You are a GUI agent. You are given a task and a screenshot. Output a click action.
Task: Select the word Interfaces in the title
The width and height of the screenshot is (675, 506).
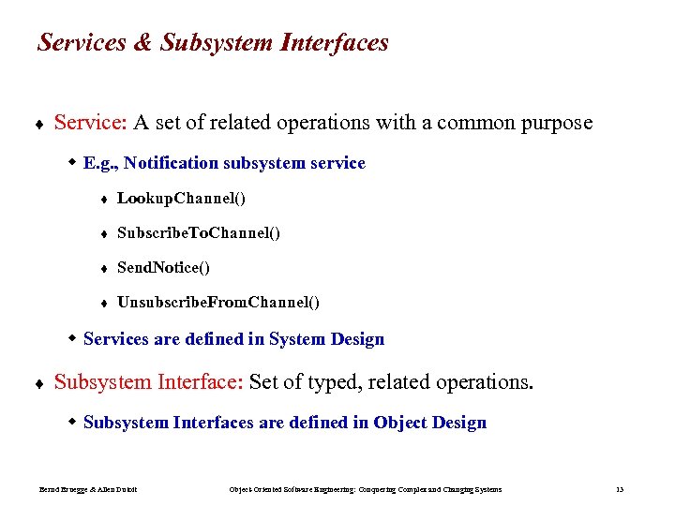(332, 43)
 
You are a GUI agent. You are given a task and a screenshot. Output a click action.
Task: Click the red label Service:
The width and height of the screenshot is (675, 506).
(91, 123)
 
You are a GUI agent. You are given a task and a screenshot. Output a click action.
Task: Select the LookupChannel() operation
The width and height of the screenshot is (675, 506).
(181, 198)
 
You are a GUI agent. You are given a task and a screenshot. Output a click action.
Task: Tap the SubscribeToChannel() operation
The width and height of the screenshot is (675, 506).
(198, 232)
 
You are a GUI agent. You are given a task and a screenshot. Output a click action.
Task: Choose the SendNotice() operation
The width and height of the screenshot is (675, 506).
(163, 268)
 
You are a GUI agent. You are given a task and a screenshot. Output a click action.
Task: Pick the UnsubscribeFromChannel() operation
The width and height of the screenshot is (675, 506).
(217, 303)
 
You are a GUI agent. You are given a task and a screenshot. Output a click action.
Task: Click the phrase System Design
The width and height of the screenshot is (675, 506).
(326, 339)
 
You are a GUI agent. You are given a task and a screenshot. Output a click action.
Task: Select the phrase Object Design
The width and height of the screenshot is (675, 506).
(429, 423)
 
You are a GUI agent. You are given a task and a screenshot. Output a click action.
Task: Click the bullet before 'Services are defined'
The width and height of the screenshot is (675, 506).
(73, 338)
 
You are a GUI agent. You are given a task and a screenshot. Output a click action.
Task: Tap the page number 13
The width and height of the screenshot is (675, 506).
(620, 489)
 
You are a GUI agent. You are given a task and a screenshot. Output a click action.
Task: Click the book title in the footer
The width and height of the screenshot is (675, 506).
(366, 489)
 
